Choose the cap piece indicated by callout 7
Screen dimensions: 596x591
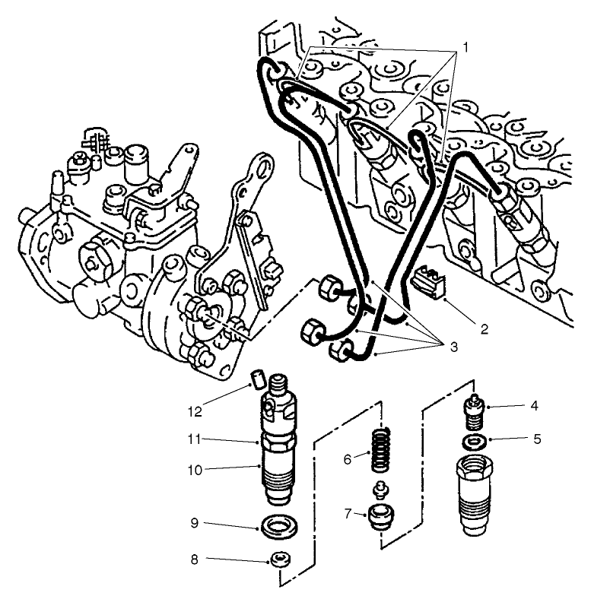379,518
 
